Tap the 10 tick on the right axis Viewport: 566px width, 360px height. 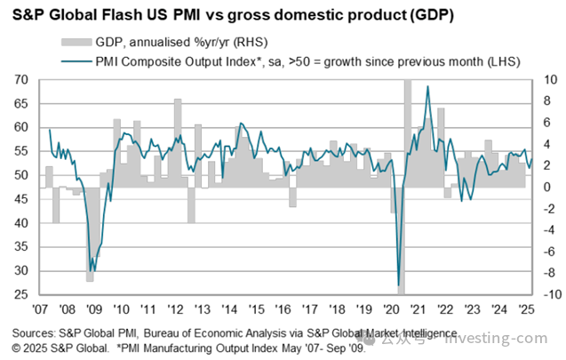point(548,80)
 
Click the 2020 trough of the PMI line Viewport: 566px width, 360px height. point(398,284)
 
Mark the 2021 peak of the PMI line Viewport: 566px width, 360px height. point(428,87)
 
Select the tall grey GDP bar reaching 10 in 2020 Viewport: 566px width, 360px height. point(407,133)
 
